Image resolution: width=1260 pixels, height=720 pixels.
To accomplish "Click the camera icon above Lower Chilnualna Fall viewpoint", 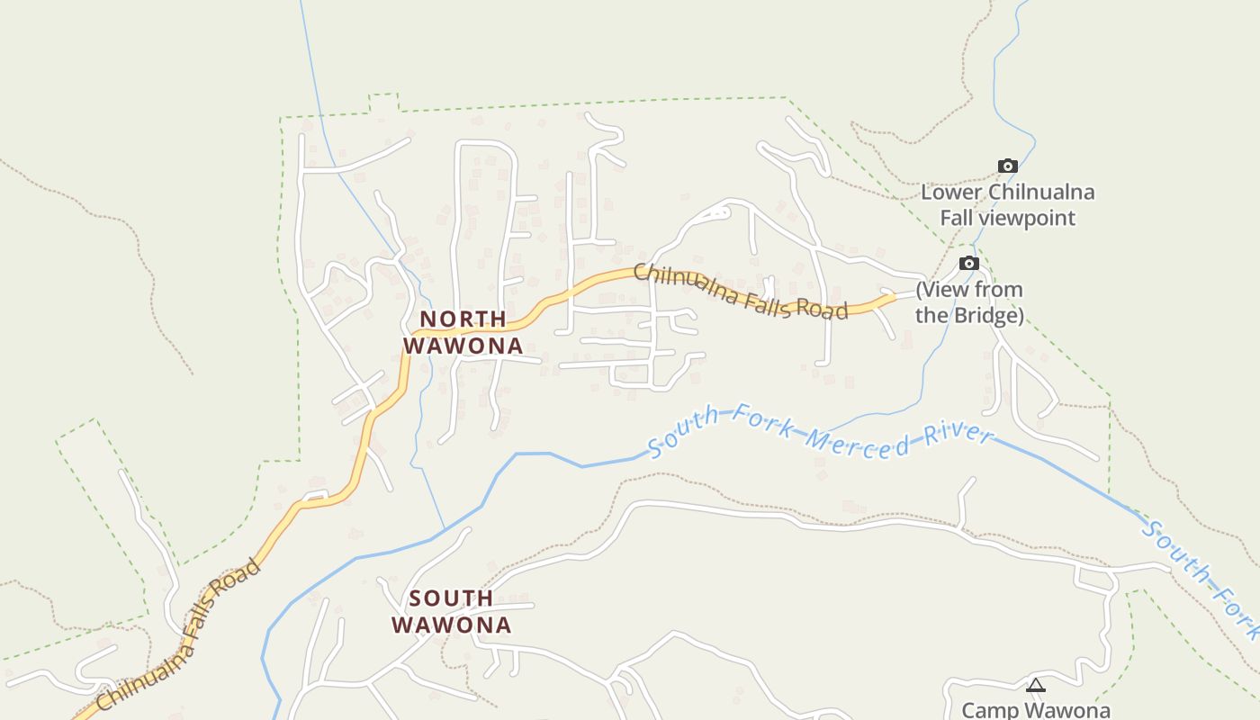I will (x=1008, y=166).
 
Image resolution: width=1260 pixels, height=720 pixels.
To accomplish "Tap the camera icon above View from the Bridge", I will (x=968, y=263).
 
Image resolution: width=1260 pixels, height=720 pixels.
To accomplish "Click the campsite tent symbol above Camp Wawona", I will (x=1036, y=686).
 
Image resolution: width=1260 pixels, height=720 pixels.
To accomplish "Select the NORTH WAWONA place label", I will (x=463, y=332).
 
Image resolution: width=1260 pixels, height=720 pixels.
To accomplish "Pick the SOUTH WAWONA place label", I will (x=452, y=611).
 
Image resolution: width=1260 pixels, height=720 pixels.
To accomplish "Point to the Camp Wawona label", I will (x=1036, y=710).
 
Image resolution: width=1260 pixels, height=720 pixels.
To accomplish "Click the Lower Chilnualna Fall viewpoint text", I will (x=1007, y=205).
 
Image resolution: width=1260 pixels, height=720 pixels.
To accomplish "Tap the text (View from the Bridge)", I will (x=969, y=302).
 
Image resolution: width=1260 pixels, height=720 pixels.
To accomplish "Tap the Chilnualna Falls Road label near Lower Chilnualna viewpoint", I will (x=740, y=291).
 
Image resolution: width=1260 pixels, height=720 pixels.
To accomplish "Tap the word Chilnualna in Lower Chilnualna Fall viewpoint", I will (x=1041, y=192).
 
